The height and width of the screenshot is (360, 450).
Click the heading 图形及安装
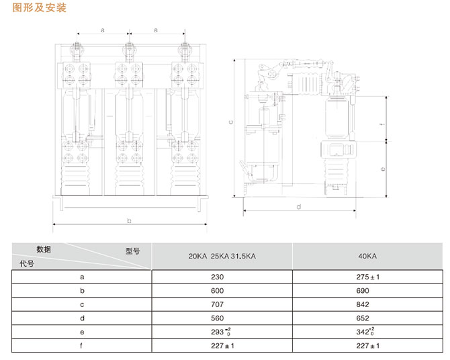[x=40, y=8]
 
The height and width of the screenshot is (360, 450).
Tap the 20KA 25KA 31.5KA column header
[x=222, y=257]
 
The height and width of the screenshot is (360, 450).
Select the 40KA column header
[x=367, y=257]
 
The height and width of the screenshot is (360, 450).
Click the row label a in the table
[x=82, y=277]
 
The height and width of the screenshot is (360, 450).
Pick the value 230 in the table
[x=222, y=277]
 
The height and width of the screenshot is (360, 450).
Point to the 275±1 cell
[x=367, y=277]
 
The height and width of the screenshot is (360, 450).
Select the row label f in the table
[x=82, y=346]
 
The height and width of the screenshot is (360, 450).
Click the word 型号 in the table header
[x=132, y=251]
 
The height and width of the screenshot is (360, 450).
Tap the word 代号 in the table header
[x=28, y=263]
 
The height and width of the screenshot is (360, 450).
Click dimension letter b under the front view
[x=129, y=220]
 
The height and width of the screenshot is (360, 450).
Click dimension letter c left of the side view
[x=230, y=123]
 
